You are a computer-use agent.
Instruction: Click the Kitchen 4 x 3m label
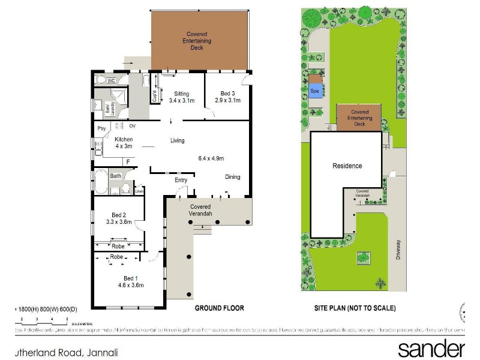point(124,143)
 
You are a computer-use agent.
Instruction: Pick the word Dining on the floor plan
point(233,176)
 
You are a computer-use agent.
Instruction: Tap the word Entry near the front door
point(181,180)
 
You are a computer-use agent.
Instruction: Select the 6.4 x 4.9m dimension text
point(211,158)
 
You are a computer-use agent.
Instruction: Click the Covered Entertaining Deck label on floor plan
point(197,41)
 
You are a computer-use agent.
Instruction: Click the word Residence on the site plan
point(347,166)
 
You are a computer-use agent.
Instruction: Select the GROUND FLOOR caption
point(219,308)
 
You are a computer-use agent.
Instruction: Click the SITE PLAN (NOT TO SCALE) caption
point(355,308)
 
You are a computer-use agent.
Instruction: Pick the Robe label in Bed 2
point(118,245)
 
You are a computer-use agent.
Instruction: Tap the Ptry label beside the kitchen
point(101,128)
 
